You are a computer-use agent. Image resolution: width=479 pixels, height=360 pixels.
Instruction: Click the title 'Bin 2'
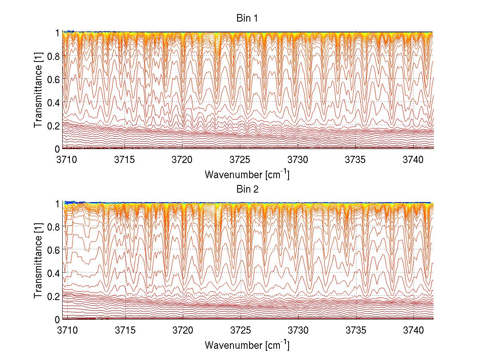tap(247, 189)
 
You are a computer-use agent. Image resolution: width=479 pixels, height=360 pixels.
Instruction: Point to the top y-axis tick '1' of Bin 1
tap(57, 33)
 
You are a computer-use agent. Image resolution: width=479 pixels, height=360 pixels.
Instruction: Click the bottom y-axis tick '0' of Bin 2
tap(57, 319)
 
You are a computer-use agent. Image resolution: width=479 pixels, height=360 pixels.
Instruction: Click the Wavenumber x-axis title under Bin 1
tap(247, 174)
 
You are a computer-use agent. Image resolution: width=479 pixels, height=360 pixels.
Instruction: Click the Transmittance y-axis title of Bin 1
tap(38, 91)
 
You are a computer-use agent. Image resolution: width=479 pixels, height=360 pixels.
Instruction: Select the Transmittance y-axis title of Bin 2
tap(38, 261)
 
